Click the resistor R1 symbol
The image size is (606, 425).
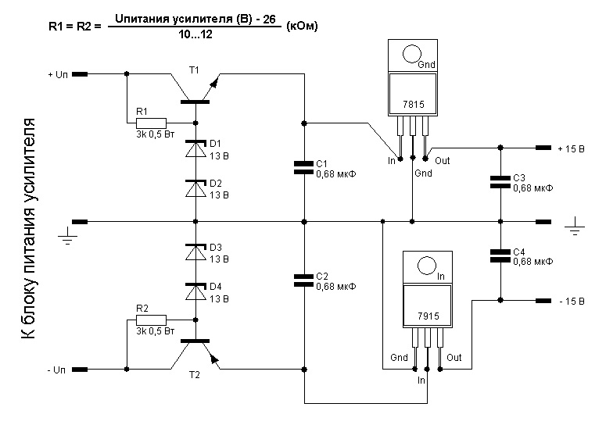click(151, 123)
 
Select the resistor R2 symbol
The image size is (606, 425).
click(151, 320)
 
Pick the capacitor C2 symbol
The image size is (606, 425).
click(303, 278)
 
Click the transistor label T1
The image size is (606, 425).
click(194, 70)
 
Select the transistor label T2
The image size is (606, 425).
click(194, 374)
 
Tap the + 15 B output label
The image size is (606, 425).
click(572, 148)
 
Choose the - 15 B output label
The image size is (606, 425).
click(573, 301)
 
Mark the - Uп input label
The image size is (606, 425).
click(59, 367)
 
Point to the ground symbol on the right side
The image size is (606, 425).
click(575, 227)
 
